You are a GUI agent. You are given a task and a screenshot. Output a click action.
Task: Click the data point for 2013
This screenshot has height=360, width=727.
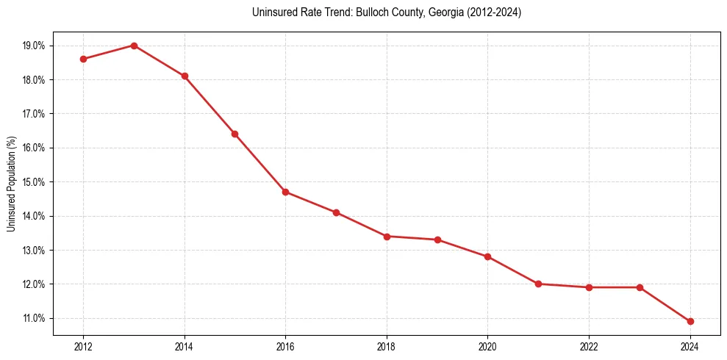point(134,46)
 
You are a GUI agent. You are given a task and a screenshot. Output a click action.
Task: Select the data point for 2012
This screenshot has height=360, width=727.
point(83,59)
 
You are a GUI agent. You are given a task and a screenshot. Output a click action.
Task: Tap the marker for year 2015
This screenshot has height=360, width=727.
point(234,134)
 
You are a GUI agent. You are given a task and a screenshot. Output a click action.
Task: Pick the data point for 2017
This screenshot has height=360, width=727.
point(336,212)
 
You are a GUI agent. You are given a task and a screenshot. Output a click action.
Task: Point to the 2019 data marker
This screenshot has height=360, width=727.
point(437,240)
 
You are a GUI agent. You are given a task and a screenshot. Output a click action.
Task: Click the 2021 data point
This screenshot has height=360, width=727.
point(538,284)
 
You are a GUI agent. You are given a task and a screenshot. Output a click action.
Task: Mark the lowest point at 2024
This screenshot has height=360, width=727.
point(690,321)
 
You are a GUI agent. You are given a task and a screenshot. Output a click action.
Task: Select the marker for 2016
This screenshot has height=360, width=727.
point(285,192)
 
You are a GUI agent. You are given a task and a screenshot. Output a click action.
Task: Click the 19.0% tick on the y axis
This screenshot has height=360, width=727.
point(35,46)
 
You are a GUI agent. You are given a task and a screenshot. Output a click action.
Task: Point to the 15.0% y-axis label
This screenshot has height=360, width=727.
point(35,182)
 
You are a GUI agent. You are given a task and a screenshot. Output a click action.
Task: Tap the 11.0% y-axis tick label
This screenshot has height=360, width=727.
point(35,318)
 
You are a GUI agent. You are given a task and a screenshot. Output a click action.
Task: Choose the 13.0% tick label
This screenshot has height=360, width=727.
point(35,251)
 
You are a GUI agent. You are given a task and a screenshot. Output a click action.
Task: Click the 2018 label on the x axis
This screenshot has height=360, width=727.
point(387,347)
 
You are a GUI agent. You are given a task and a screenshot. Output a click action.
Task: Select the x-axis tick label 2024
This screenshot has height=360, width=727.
point(690,347)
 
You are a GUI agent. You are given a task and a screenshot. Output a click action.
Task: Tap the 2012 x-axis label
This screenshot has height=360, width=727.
point(83,347)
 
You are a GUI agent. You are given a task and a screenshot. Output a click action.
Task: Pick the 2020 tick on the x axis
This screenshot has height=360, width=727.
point(487,347)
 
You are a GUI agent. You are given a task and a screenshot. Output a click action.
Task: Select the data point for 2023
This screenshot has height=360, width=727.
point(640,287)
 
